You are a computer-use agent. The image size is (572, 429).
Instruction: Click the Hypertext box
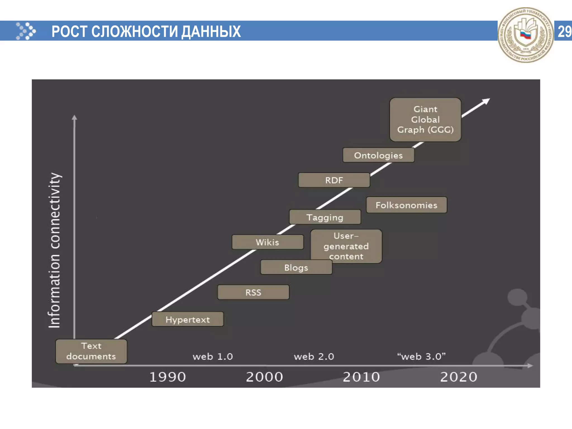pyautogui.click(x=187, y=319)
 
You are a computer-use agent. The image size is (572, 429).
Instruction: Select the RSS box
pyautogui.click(x=253, y=292)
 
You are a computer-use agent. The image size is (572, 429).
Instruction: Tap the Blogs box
pyautogui.click(x=296, y=267)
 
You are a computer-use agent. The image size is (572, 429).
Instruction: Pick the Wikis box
pyautogui.click(x=267, y=242)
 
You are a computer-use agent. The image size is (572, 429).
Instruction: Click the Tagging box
pyautogui.click(x=325, y=217)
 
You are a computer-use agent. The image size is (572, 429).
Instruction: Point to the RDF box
pyautogui.click(x=334, y=180)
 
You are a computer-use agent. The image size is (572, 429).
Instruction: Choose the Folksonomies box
pyautogui.click(x=406, y=205)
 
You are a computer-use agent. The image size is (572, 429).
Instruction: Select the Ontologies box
pyautogui.click(x=378, y=155)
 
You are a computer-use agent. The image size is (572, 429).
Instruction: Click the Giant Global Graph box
pyautogui.click(x=425, y=120)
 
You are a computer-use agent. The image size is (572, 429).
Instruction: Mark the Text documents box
pyautogui.click(x=91, y=351)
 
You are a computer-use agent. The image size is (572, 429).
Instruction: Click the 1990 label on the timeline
pyautogui.click(x=168, y=377)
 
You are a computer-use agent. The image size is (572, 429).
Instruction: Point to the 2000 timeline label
pyautogui.click(x=264, y=377)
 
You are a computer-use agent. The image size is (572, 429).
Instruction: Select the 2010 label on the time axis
pyautogui.click(x=361, y=377)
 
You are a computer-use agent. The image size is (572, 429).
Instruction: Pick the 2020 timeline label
pyautogui.click(x=458, y=377)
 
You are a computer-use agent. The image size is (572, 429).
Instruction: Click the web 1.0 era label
pyautogui.click(x=213, y=356)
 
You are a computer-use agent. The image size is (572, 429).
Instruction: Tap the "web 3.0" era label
pyautogui.click(x=421, y=356)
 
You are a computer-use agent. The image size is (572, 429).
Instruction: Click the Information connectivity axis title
pyautogui.click(x=54, y=250)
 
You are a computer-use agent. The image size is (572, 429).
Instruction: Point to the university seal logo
pyautogui.click(x=525, y=35)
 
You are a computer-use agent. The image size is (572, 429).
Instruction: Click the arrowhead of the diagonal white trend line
pyautogui.click(x=487, y=101)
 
